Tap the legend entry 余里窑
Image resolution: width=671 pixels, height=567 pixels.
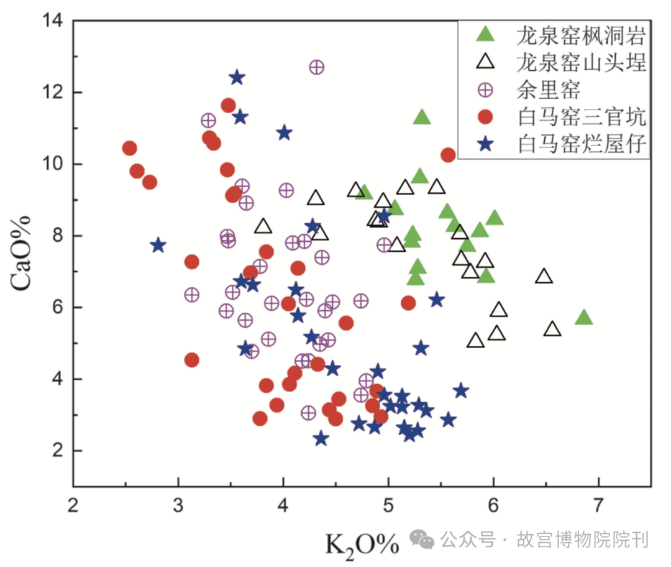pyautogui.click(x=547, y=90)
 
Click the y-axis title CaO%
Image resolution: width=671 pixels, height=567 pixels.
pyautogui.click(x=22, y=254)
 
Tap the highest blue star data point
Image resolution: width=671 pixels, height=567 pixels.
pyautogui.click(x=237, y=78)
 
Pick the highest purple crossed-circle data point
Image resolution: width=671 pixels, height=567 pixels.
pyautogui.click(x=317, y=67)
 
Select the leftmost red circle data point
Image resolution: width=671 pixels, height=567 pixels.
pyautogui.click(x=129, y=148)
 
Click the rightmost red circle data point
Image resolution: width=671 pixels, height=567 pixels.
pyautogui.click(x=448, y=155)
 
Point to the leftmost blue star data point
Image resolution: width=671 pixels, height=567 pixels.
pyautogui.click(x=158, y=245)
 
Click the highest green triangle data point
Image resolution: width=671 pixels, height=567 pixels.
pyautogui.click(x=422, y=117)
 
